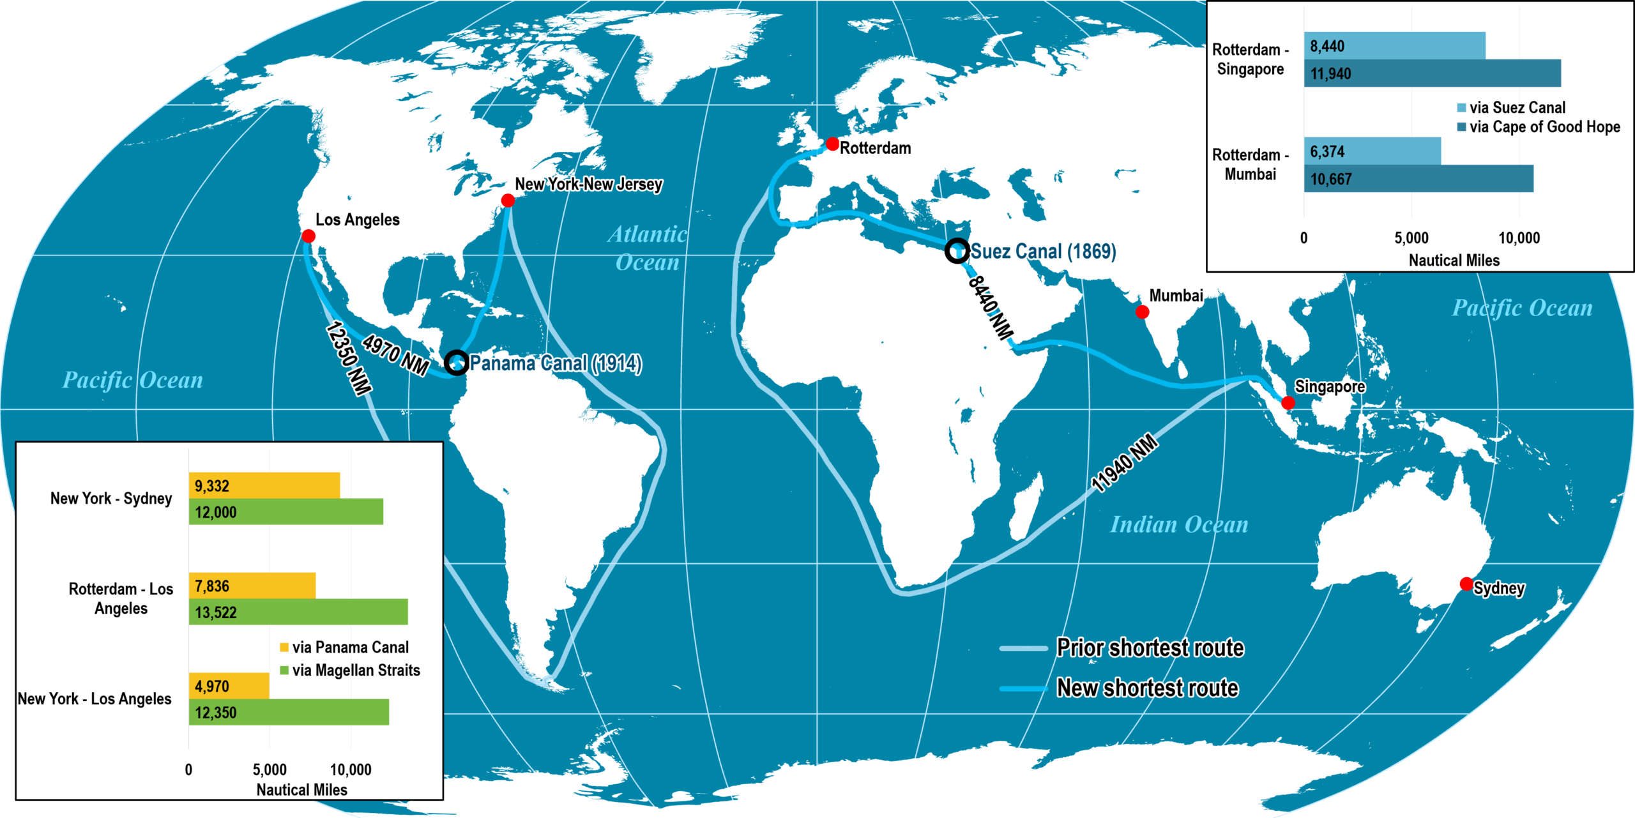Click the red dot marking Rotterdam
click(x=832, y=144)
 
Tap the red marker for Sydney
click(x=1466, y=584)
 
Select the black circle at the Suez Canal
click(x=957, y=250)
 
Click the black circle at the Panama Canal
click(x=456, y=362)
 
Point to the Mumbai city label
click(x=1176, y=296)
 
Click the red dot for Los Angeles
click(x=308, y=236)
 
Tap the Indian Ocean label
click(x=1178, y=524)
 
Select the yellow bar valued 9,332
click(x=264, y=485)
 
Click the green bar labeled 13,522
click(x=298, y=612)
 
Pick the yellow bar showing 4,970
click(x=229, y=686)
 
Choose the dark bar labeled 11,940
click(x=1432, y=73)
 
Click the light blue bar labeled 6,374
click(x=1372, y=151)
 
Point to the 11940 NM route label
click(x=1124, y=463)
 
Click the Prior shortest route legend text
click(x=1150, y=648)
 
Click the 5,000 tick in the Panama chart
click(x=270, y=769)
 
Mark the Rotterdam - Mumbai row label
click(x=1250, y=164)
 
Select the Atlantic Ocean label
click(x=647, y=248)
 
